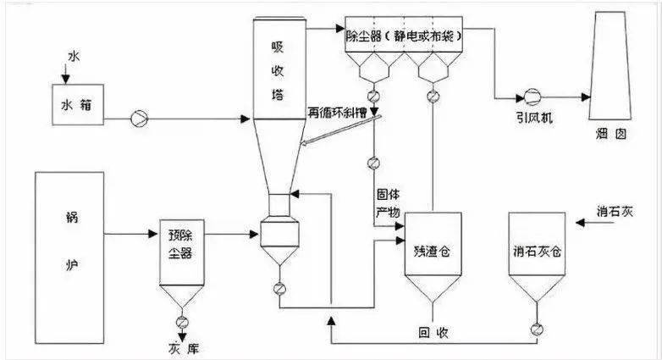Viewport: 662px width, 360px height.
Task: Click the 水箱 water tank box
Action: pyautogui.click(x=73, y=108)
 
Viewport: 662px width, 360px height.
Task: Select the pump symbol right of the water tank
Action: pyautogui.click(x=139, y=119)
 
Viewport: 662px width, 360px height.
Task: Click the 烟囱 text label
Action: pyautogui.click(x=611, y=136)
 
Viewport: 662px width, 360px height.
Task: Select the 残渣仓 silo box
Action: pyautogui.click(x=432, y=252)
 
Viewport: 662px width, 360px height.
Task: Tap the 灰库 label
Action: pyautogui.click(x=182, y=348)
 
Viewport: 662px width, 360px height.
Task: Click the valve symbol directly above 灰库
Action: pyautogui.click(x=181, y=322)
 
